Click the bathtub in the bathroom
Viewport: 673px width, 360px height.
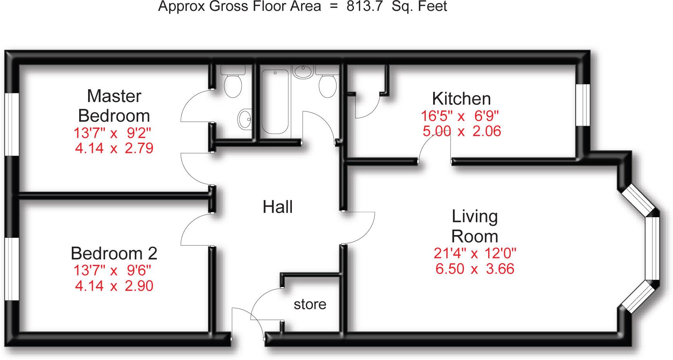pyautogui.click(x=275, y=102)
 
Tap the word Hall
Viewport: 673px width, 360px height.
pyautogui.click(x=278, y=207)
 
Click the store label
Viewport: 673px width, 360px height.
pyautogui.click(x=310, y=305)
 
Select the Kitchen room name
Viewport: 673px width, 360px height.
pyautogui.click(x=461, y=99)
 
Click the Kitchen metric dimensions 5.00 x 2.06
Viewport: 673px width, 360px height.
pyautogui.click(x=461, y=132)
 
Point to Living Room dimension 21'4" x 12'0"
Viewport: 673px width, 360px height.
pyautogui.click(x=475, y=254)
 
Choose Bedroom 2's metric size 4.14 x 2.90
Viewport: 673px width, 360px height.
pyautogui.click(x=114, y=286)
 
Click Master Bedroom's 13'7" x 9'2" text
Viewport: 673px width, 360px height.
pyautogui.click(x=112, y=133)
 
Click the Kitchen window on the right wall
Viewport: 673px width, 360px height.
pyautogui.click(x=582, y=105)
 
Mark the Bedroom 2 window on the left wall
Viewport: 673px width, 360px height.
pyautogui.click(x=12, y=268)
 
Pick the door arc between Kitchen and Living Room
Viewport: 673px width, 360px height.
pyautogui.click(x=431, y=147)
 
